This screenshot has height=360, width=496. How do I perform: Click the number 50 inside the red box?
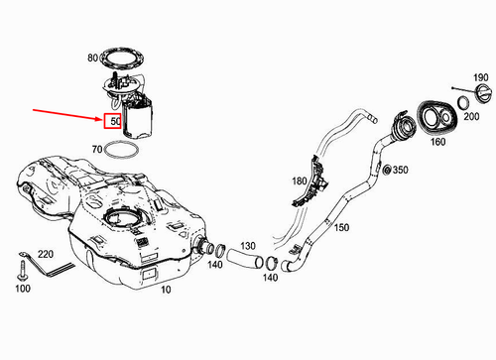[115, 122]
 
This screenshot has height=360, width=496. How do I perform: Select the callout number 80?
[92, 59]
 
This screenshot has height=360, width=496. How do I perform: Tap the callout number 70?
[96, 150]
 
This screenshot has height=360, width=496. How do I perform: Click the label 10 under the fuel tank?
[165, 290]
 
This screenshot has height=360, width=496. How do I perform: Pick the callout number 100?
[22, 289]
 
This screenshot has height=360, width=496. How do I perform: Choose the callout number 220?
[45, 254]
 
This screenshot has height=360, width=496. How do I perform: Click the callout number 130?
[247, 244]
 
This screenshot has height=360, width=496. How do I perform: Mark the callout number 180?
[299, 181]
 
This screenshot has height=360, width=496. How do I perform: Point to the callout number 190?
[479, 78]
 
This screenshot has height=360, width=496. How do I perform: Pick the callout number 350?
[401, 171]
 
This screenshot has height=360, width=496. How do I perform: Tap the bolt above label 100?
[22, 268]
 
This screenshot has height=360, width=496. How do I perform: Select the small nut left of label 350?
[385, 171]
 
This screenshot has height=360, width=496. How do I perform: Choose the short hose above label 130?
[243, 261]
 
